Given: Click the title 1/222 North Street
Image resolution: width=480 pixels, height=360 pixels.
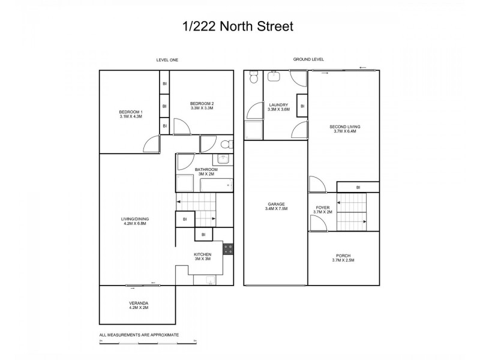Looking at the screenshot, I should click(x=239, y=26).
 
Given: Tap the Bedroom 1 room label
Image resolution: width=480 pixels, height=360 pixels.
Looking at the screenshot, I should click(x=130, y=114).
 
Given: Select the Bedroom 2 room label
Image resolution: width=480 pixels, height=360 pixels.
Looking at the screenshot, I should click(x=202, y=106).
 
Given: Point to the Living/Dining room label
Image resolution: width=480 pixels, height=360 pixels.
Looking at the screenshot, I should click(x=134, y=221).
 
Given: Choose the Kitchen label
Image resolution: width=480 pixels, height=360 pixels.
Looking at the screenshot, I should click(x=202, y=256).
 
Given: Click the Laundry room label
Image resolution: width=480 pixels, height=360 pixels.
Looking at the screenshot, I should click(x=279, y=107).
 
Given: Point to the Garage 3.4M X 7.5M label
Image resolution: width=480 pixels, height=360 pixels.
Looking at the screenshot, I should click(x=277, y=206).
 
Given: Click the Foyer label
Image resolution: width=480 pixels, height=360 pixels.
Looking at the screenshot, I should click(x=323, y=209).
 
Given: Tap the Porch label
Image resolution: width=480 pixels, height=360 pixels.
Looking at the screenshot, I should click(x=344, y=258).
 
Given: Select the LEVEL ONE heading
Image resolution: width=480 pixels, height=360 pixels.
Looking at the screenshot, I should click(x=167, y=60).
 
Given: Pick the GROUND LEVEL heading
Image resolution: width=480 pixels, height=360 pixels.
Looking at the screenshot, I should click(x=308, y=59).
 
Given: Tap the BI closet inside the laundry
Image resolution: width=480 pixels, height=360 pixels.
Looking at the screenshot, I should click(x=302, y=106).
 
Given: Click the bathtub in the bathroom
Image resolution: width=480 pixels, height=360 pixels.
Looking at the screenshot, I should click(x=215, y=184).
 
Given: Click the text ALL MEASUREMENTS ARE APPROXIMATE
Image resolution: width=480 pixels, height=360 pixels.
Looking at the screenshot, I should click(x=139, y=335).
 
